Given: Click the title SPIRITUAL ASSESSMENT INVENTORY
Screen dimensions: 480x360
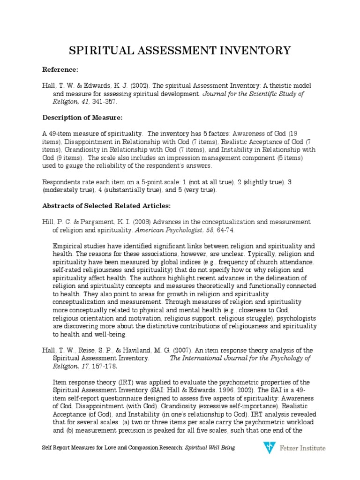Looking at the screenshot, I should pos(180,50).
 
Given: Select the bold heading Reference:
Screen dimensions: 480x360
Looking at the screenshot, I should pos(60,69).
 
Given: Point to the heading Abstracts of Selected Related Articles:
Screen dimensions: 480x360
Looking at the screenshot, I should pos(100,205).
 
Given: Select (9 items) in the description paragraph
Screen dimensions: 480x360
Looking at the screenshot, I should pos(67,157).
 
